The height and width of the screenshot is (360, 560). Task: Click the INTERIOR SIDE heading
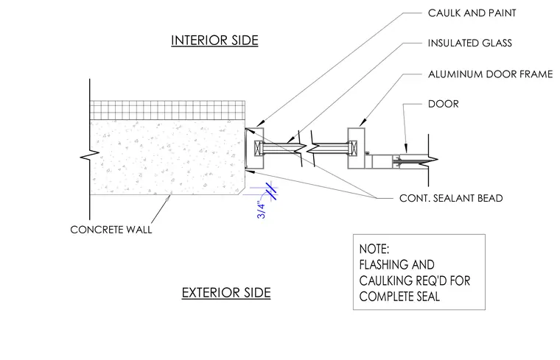coord(214,40)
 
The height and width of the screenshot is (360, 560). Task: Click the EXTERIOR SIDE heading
coord(226,292)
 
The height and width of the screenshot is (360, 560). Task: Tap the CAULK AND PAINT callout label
coord(472,13)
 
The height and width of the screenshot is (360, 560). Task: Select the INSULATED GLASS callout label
coord(469,43)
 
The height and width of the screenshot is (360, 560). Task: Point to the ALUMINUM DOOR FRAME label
coord(490,74)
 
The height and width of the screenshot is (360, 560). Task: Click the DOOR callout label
coord(444,104)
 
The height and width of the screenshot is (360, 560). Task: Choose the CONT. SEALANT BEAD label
coord(451,198)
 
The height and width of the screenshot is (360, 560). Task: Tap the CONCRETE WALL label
coord(111,230)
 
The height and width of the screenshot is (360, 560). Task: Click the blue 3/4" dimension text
coord(262,210)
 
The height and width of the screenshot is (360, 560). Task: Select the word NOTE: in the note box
coord(374,249)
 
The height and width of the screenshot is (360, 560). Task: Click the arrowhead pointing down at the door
coord(406,149)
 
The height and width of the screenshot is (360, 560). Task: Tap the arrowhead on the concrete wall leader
coord(169,194)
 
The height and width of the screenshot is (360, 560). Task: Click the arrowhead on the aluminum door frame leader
coord(362,122)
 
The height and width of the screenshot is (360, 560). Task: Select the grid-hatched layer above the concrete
coord(167,110)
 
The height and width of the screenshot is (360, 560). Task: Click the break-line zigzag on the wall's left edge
coord(90,155)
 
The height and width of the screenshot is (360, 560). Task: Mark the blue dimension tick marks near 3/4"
coord(271,191)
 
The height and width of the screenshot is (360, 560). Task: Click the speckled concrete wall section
coord(167,157)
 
